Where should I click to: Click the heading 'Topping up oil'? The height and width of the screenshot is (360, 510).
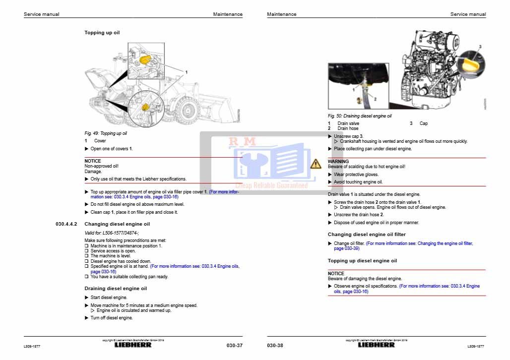(102, 33)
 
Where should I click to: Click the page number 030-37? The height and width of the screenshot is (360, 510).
(234, 345)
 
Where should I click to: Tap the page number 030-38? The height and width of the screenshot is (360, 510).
(275, 345)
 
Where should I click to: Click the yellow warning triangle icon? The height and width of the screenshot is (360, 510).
(316, 163)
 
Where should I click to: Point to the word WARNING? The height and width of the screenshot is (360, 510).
(338, 162)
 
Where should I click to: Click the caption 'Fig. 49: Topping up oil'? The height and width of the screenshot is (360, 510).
(106, 133)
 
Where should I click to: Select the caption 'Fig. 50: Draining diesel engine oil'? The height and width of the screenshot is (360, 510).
(360, 116)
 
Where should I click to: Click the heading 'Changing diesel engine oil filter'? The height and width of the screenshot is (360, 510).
(367, 235)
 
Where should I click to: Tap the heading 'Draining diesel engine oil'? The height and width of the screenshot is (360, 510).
(116, 288)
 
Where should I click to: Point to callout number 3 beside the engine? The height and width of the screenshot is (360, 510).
(480, 46)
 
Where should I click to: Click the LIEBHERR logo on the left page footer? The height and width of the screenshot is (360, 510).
(133, 345)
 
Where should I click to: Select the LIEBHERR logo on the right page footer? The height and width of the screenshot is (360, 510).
(377, 345)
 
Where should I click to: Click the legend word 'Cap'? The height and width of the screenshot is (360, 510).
(423, 123)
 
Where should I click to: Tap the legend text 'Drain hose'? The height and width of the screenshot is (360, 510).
(348, 128)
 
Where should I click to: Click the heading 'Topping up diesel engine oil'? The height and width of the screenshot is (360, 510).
(362, 261)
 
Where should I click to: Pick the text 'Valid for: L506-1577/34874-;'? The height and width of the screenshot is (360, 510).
(112, 233)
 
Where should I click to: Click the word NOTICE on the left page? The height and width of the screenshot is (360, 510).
(93, 161)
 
